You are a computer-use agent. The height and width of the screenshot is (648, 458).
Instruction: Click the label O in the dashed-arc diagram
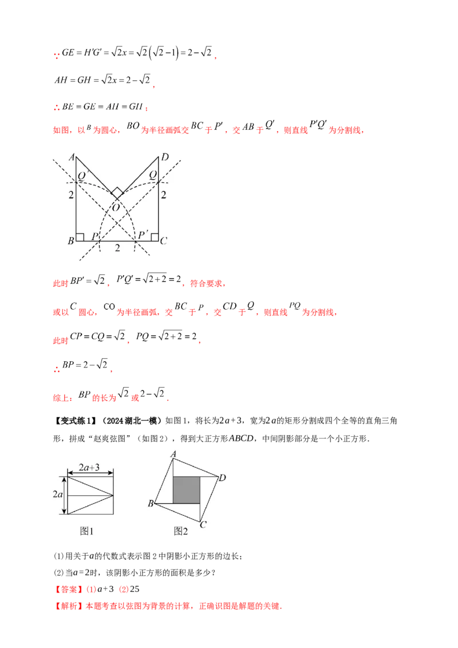pyautogui.click(x=116, y=207)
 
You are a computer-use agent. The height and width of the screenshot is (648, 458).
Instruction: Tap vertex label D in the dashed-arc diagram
pyautogui.click(x=165, y=157)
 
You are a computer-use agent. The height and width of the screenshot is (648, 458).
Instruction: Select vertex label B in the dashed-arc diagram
pyautogui.click(x=70, y=240)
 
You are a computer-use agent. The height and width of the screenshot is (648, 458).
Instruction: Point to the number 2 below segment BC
pyautogui.click(x=117, y=248)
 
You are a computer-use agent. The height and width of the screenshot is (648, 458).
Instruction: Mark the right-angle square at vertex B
pyautogui.click(x=80, y=237)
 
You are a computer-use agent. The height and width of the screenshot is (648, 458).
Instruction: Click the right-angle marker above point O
pyautogui.click(x=117, y=193)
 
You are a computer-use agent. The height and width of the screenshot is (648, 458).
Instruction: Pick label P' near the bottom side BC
pyautogui.click(x=143, y=235)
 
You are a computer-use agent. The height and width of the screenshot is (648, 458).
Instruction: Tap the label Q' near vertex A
pyautogui.click(x=82, y=176)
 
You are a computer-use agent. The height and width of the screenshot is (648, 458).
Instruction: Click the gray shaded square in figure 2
pyautogui.click(x=187, y=490)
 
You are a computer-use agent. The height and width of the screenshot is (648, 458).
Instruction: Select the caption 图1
pyautogui.click(x=87, y=531)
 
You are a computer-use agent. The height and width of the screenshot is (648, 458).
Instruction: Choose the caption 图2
pyautogui.click(x=181, y=531)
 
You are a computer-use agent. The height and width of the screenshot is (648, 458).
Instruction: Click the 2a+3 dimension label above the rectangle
pyautogui.click(x=89, y=468)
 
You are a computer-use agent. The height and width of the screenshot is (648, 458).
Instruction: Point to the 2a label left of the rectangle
pyautogui.click(x=58, y=494)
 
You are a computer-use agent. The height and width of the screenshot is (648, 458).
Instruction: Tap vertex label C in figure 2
pyautogui.click(x=203, y=524)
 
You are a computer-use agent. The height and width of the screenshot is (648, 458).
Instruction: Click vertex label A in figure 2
pyautogui.click(x=173, y=454)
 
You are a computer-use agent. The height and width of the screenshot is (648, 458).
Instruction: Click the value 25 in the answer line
pyautogui.click(x=135, y=589)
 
